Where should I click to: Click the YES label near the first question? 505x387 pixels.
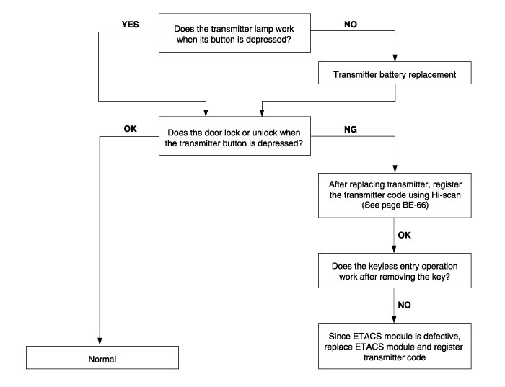[130, 25]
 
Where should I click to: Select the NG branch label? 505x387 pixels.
[351, 129]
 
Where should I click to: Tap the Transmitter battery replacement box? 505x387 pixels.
[395, 73]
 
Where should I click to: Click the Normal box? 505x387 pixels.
[102, 357]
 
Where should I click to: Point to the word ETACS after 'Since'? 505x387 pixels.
[366, 336]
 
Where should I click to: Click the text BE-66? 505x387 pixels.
[415, 205]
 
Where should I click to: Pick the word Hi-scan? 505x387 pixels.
[446, 195]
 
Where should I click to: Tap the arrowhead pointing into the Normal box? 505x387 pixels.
[100, 342]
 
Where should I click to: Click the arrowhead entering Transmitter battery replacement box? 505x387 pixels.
[395, 58]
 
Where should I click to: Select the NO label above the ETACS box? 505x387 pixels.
[404, 305]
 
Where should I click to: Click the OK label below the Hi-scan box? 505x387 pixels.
[404, 235]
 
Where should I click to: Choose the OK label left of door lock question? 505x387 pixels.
[130, 129]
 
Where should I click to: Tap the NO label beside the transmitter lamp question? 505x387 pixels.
[351, 25]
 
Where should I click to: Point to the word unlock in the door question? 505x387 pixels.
[263, 133]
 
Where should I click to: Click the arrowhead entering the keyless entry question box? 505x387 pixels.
[394, 249]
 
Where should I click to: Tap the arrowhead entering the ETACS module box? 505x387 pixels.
[394, 319]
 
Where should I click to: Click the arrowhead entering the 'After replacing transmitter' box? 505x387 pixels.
[395, 169]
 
